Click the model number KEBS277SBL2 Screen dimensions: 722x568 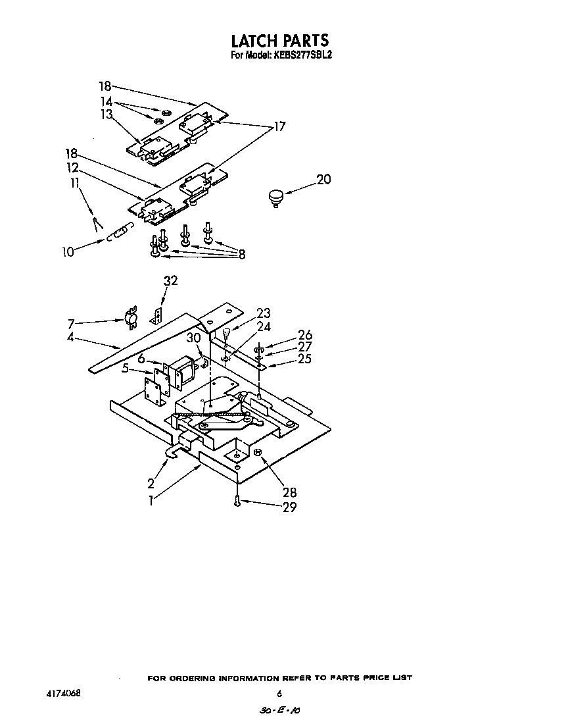(x=303, y=57)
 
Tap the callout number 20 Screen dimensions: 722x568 (x=324, y=179)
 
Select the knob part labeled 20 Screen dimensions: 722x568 (x=274, y=197)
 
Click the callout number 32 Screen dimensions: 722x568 (x=170, y=281)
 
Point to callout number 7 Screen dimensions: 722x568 (x=71, y=323)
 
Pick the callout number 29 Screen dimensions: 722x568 (x=289, y=507)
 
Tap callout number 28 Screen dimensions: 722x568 (x=289, y=492)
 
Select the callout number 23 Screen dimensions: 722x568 (x=264, y=313)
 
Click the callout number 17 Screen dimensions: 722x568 (x=279, y=126)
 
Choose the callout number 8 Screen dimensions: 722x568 (x=241, y=255)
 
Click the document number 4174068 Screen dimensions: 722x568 (x=65, y=694)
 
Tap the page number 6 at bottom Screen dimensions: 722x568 (x=279, y=694)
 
